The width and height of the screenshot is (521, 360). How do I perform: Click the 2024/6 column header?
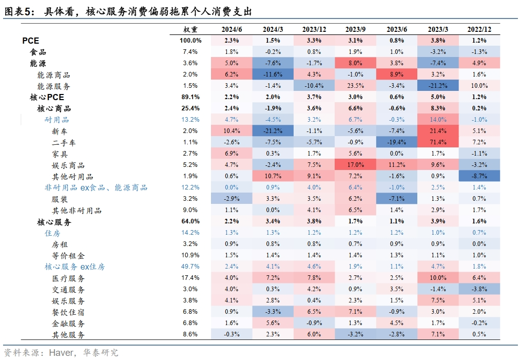231,29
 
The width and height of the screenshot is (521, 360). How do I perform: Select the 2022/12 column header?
479,29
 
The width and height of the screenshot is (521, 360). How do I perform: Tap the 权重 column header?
190,29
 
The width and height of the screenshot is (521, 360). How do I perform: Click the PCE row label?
30,41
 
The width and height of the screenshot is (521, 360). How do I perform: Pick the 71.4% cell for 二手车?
437,142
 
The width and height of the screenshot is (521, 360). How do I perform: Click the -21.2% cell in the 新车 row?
273,131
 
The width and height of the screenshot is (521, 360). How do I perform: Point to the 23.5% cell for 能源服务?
355,86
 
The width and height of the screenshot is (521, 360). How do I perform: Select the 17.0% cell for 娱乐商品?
355,165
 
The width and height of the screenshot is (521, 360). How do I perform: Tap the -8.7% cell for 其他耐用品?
479,176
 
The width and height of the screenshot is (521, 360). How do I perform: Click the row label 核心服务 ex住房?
75,267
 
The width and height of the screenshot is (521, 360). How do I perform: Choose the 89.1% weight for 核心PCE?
190,97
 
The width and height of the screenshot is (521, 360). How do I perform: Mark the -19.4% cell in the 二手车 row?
396,142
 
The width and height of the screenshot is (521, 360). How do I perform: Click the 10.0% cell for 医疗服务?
437,278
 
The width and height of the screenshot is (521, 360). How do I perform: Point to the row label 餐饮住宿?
68,312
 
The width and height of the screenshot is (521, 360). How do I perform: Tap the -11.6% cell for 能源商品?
273,74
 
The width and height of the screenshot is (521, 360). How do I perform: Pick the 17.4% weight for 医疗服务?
190,278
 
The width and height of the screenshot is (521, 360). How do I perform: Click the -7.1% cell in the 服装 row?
396,199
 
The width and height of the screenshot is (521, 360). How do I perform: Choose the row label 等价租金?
68,255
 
